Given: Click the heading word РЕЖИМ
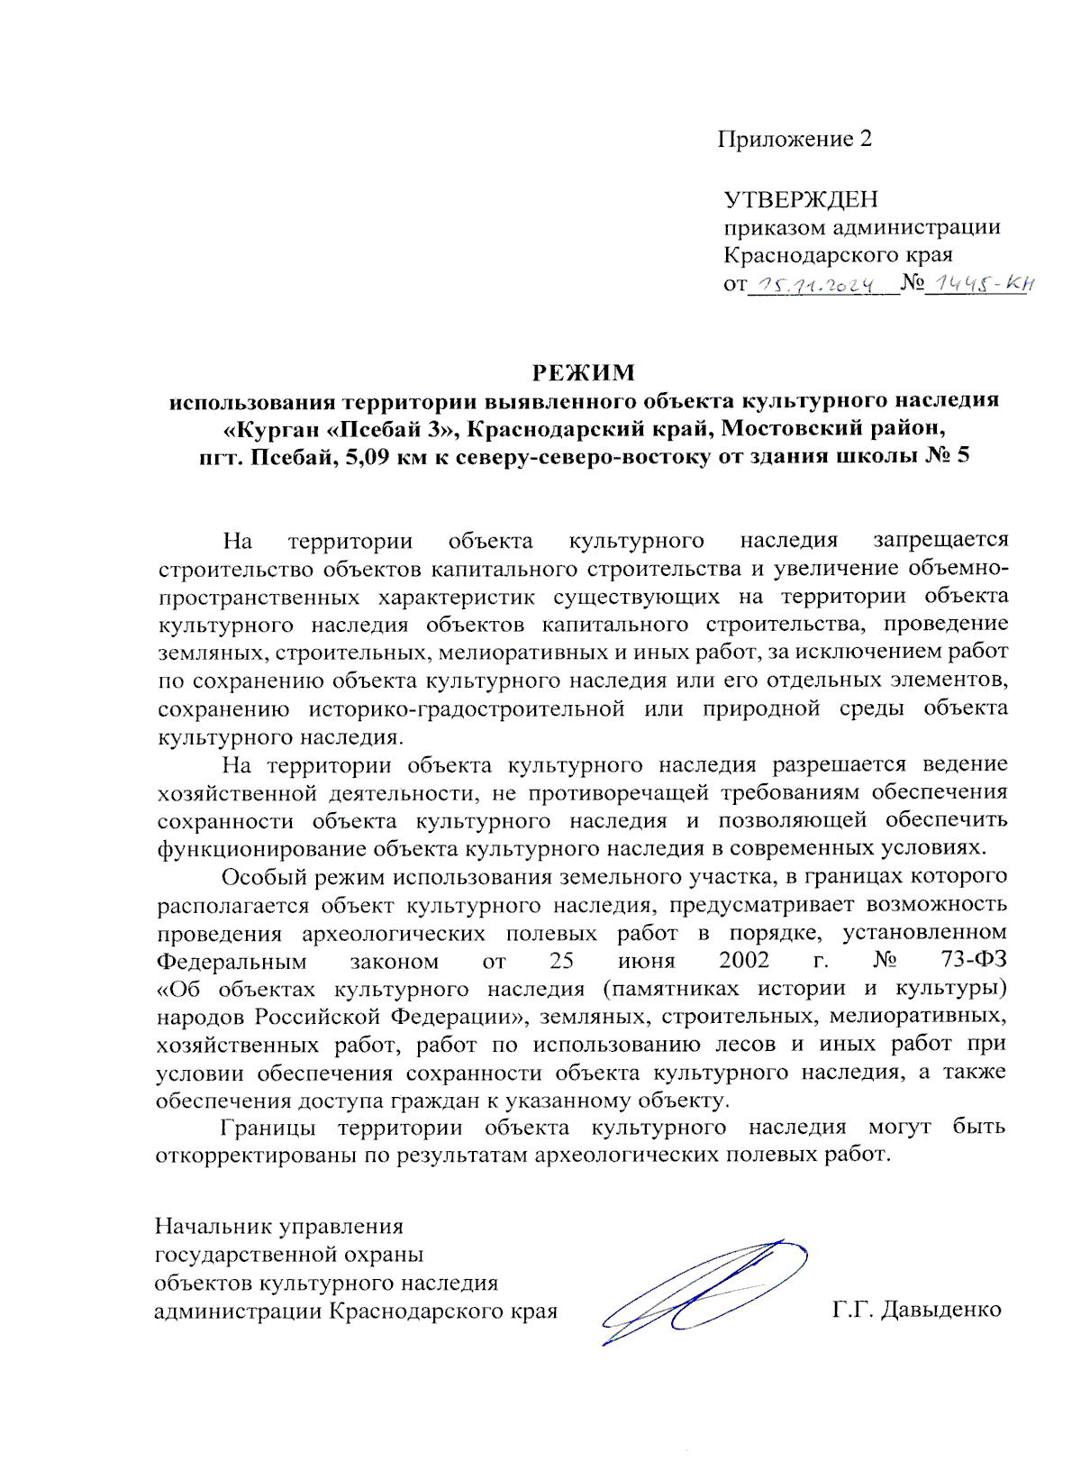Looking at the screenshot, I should point(583,372).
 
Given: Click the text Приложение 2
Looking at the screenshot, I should point(795,139).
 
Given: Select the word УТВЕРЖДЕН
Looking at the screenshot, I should point(801,198).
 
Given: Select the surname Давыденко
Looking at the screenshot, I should point(940,1309).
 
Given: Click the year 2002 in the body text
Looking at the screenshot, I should point(744,960).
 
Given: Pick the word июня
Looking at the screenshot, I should point(647,960).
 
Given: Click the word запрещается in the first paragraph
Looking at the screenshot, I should point(940,540).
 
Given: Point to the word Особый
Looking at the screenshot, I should point(260,876).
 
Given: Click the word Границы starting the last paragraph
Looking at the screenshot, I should point(268,1127).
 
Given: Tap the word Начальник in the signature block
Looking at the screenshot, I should point(214,1226).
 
